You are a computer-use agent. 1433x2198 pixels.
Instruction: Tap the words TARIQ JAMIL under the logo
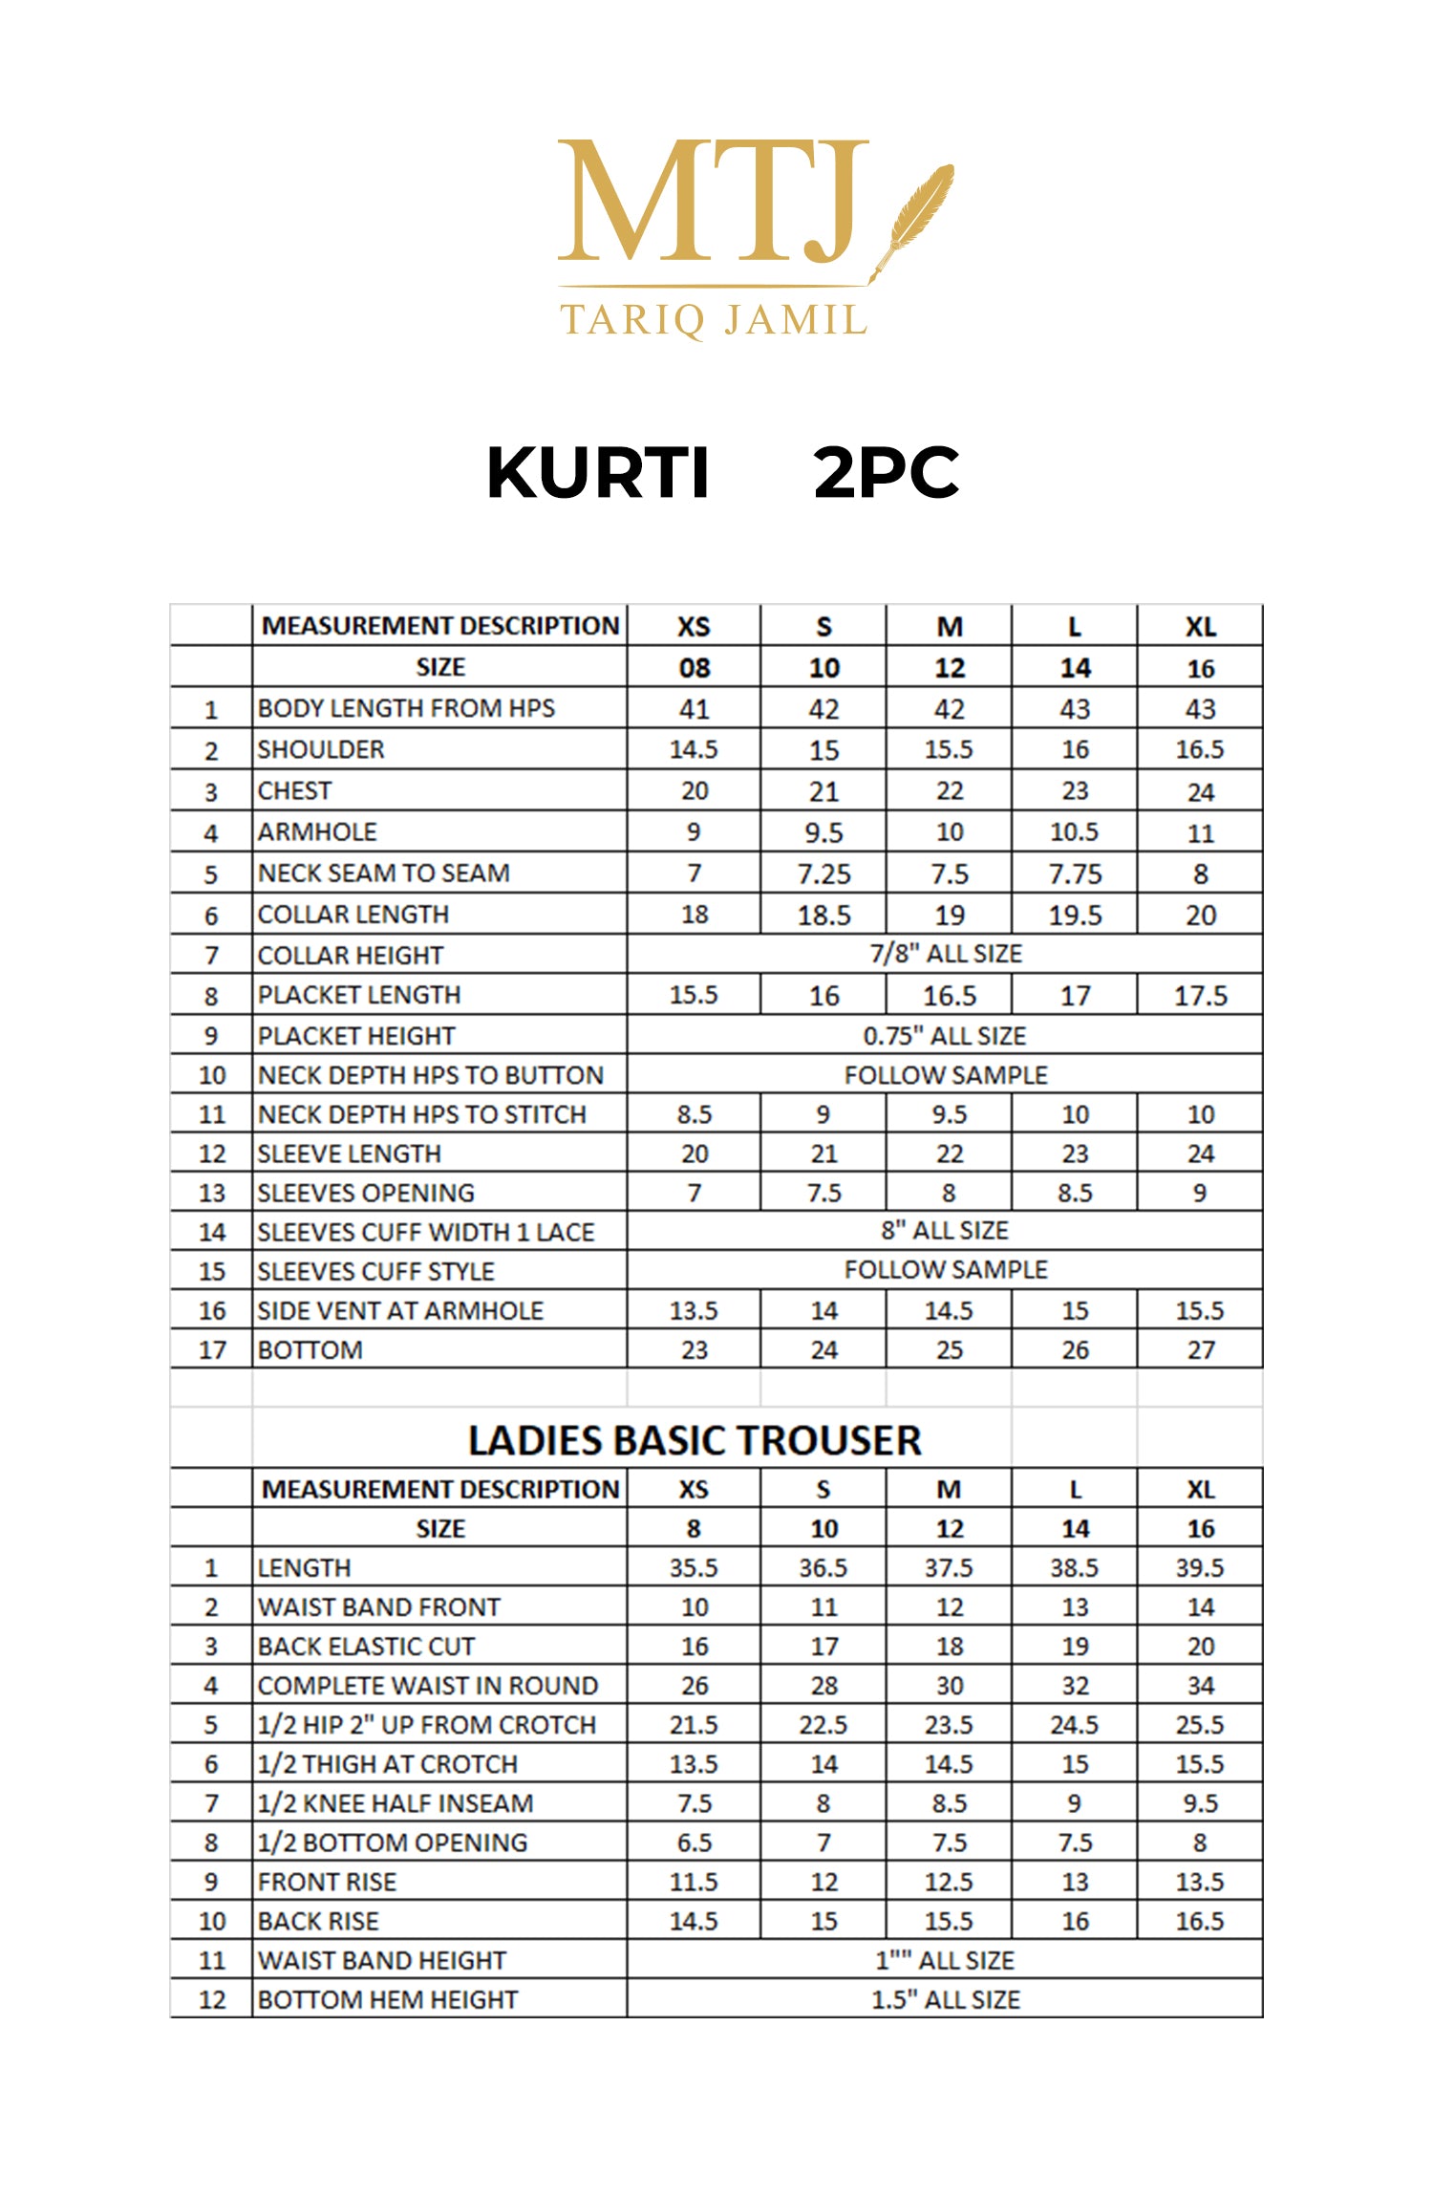pyautogui.click(x=713, y=320)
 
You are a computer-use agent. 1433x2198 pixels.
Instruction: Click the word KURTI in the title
pyautogui.click(x=598, y=473)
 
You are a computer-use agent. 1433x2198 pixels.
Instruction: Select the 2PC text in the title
pyautogui.click(x=886, y=473)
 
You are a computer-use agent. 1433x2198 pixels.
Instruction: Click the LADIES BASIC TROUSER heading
pyautogui.click(x=695, y=1441)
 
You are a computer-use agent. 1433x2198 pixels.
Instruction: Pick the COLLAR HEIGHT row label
pyautogui.click(x=351, y=955)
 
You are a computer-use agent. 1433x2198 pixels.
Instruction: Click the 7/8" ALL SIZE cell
pyautogui.click(x=945, y=954)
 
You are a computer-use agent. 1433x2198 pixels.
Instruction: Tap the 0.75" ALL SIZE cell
pyautogui.click(x=945, y=1036)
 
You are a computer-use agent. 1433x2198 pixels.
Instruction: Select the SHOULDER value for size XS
pyautogui.click(x=694, y=750)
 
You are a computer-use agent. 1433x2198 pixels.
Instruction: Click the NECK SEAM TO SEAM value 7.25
pyautogui.click(x=823, y=873)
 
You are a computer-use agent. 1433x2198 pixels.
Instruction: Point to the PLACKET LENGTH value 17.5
pyautogui.click(x=1200, y=996)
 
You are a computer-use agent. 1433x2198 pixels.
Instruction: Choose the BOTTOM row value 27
pyautogui.click(x=1200, y=1350)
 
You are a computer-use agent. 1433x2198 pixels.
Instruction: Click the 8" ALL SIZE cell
pyautogui.click(x=945, y=1231)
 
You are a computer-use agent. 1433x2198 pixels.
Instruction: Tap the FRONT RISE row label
pyautogui.click(x=327, y=1882)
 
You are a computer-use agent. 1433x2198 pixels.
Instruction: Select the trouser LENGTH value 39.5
pyautogui.click(x=1200, y=1568)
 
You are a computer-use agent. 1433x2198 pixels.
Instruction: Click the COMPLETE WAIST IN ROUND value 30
pyautogui.click(x=949, y=1686)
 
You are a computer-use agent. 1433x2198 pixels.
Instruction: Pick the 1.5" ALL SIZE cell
pyautogui.click(x=945, y=1999)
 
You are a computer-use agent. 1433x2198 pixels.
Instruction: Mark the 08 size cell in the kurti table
pyautogui.click(x=694, y=668)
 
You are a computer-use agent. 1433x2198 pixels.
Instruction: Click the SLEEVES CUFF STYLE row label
pyautogui.click(x=376, y=1272)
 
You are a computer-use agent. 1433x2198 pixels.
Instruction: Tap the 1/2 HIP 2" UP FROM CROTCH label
pyautogui.click(x=427, y=1725)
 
